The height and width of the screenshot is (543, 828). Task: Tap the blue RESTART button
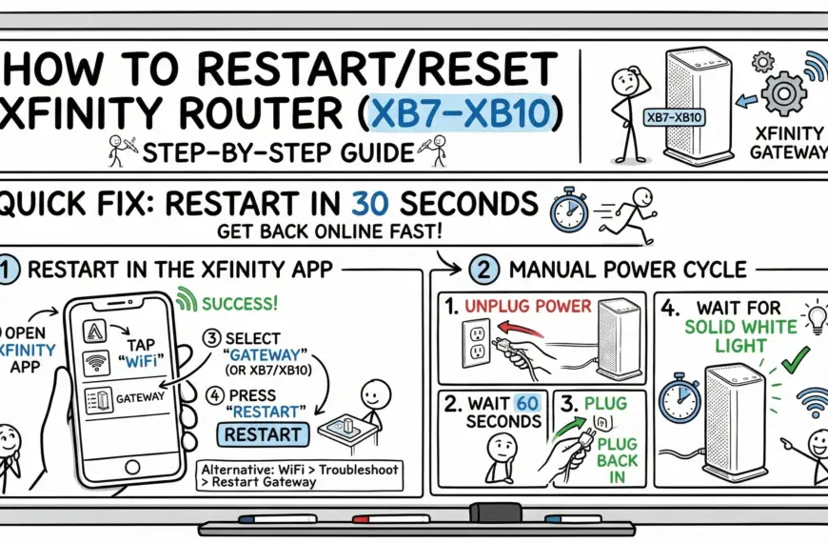(262, 434)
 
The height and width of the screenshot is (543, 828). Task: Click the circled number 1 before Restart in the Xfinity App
(8, 270)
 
